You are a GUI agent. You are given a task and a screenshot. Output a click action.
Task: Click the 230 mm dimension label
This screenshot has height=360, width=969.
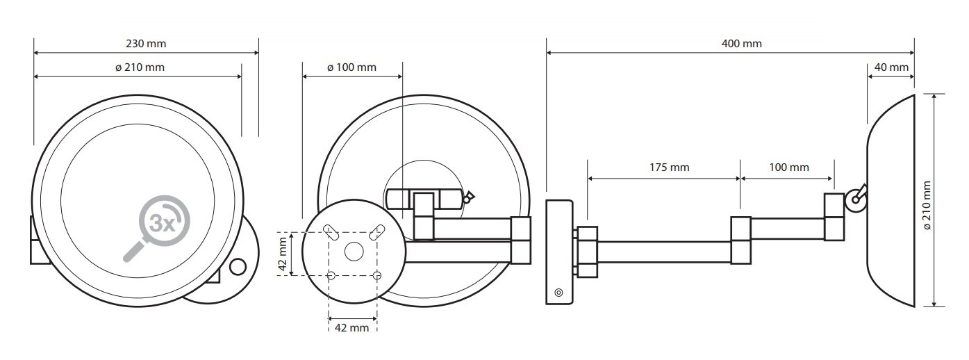146,44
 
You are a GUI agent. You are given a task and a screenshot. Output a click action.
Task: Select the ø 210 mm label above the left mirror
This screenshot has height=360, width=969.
140,67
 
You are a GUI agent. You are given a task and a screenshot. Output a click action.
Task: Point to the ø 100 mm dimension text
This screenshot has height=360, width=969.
351,67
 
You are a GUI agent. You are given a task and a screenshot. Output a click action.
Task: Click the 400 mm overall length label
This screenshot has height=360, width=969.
741,44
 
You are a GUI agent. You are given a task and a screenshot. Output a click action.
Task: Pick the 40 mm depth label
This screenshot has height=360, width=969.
891,67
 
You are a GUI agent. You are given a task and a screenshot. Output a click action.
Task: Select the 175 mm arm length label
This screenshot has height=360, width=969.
669,167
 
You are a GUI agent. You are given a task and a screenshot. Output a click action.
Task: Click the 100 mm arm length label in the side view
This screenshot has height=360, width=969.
789,167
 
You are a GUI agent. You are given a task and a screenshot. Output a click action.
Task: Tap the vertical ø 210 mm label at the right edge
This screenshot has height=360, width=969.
927,206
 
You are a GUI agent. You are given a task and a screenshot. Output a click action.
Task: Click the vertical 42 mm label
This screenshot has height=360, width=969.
283,254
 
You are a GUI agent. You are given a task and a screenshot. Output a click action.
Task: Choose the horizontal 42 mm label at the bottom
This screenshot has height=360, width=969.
351,328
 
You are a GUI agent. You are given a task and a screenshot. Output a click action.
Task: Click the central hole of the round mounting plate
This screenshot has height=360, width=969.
354,252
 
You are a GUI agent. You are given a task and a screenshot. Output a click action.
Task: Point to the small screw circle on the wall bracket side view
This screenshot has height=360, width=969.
558,293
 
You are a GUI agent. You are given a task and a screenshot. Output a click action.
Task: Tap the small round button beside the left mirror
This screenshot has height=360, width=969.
238,267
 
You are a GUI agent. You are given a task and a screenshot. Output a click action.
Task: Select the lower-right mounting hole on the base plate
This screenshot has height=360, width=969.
376,275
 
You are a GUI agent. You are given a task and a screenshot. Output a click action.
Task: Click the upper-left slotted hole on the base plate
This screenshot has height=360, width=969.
331,232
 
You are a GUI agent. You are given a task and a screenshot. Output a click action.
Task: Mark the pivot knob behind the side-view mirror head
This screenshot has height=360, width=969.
855,199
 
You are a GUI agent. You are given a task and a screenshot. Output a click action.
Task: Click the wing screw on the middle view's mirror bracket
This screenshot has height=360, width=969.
468,197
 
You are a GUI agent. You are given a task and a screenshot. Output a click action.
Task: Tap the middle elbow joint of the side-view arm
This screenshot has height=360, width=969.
741,240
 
